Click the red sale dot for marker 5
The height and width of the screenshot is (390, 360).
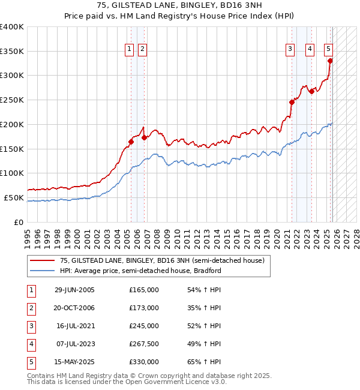click(x=330, y=61)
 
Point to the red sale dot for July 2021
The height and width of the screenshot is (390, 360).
click(x=292, y=102)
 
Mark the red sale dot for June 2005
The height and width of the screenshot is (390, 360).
click(x=131, y=142)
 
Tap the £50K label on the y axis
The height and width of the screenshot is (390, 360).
click(x=14, y=197)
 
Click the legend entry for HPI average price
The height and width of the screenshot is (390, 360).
click(x=140, y=271)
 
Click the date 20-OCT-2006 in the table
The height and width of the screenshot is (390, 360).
click(x=74, y=308)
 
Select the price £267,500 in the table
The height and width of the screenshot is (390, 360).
click(x=144, y=344)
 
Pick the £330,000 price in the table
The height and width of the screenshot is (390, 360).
click(x=144, y=362)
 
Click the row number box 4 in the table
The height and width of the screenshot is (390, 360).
click(x=31, y=344)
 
